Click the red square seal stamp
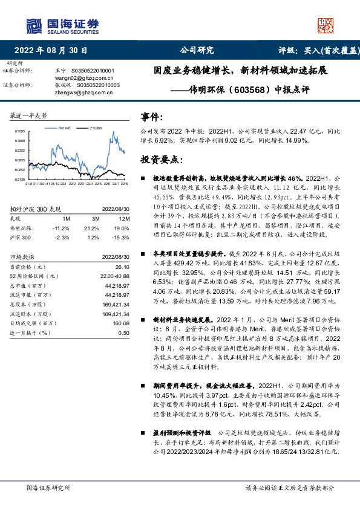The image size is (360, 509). [327, 24]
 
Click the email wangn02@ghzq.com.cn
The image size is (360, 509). [83, 77]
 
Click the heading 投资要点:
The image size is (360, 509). [160, 160]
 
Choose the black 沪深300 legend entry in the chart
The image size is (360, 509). [94, 128]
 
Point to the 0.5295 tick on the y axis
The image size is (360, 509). [20, 131]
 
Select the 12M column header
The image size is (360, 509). [124, 218]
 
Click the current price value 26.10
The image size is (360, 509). [123, 267]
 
